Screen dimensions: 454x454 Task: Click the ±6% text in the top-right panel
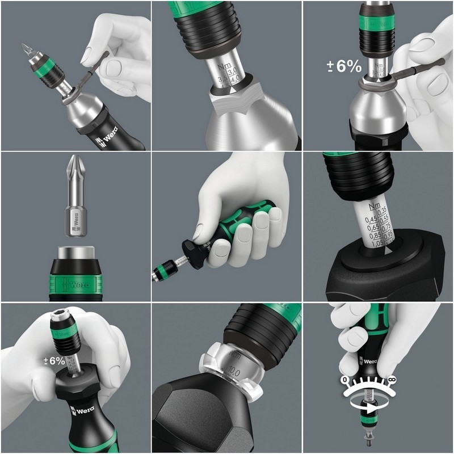[x=343, y=66]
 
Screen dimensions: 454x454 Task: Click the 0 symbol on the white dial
[x=344, y=379]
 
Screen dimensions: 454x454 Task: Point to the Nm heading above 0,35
[x=373, y=205]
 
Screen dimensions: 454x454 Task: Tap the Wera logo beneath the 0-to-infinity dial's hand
[x=369, y=361]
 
